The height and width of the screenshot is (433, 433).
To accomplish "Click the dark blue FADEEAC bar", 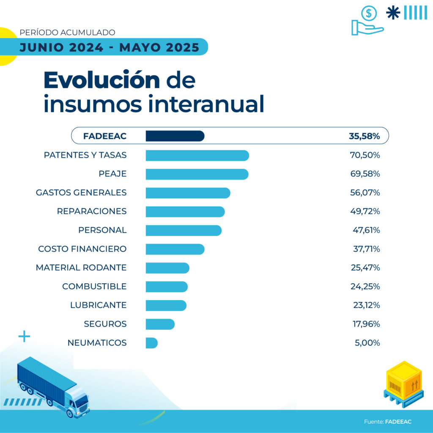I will click(175, 136).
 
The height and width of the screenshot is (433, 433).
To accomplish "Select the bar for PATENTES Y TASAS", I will click(197, 155).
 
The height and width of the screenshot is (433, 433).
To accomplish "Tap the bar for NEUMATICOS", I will click(151, 343).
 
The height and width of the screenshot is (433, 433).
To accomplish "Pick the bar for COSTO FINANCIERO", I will click(175, 249).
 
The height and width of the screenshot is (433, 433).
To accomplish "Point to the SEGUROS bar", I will click(160, 324).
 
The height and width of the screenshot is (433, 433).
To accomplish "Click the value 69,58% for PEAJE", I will click(364, 174).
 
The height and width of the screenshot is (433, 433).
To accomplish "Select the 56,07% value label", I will click(364, 193).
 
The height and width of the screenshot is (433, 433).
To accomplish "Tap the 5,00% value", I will click(367, 343).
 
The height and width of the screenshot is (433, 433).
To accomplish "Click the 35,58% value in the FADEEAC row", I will click(364, 136).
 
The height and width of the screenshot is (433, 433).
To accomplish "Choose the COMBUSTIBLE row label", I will click(94, 286).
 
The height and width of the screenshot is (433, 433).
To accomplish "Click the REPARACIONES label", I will click(92, 211).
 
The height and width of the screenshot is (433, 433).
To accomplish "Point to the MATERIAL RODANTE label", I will click(81, 268).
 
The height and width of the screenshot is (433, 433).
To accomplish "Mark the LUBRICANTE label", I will click(98, 305).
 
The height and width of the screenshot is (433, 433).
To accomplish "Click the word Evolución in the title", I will click(101, 80).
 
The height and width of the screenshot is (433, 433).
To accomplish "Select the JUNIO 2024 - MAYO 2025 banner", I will click(109, 47).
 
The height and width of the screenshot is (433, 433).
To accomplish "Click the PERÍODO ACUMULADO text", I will click(67, 32).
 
